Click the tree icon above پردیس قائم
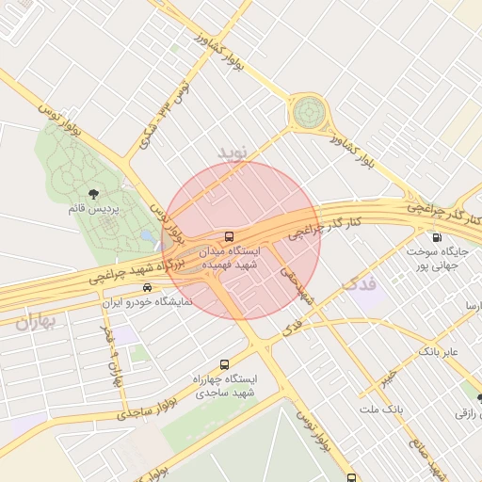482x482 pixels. coord(91,193)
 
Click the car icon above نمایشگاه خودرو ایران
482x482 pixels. coord(146,287)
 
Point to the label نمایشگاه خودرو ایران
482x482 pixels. coord(146,302)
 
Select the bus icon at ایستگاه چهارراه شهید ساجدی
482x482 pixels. coord(224,363)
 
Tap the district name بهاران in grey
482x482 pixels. coord(36,322)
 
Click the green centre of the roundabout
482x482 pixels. coord(308,113)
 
